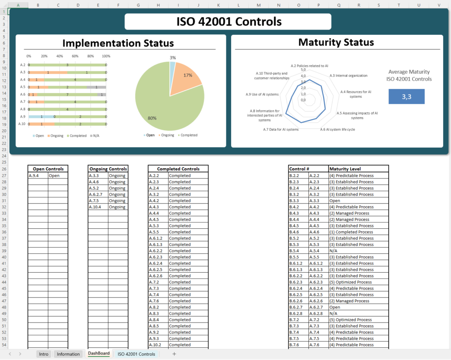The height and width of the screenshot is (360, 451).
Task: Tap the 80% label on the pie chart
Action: click(x=152, y=118)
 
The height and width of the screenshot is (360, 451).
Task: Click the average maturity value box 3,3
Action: click(x=406, y=96)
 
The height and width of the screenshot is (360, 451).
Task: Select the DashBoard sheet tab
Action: click(x=99, y=353)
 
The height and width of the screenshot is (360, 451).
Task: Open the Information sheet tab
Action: click(x=68, y=354)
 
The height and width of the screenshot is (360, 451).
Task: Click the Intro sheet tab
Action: click(x=44, y=354)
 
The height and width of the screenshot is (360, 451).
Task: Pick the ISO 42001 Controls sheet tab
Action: click(x=136, y=354)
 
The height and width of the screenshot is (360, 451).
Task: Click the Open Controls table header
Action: click(x=48, y=169)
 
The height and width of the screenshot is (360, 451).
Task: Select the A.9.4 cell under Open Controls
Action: click(x=38, y=175)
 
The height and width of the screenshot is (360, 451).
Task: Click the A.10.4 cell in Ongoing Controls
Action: click(x=98, y=207)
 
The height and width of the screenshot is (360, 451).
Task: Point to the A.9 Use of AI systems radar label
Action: click(x=262, y=94)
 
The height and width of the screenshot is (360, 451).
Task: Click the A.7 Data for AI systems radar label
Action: click(x=281, y=130)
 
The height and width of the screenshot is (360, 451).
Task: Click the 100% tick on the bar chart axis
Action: click(x=106, y=56)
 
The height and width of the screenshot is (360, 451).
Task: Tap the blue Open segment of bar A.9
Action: click(x=41, y=117)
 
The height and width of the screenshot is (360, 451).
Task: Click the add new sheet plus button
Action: click(x=174, y=354)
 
